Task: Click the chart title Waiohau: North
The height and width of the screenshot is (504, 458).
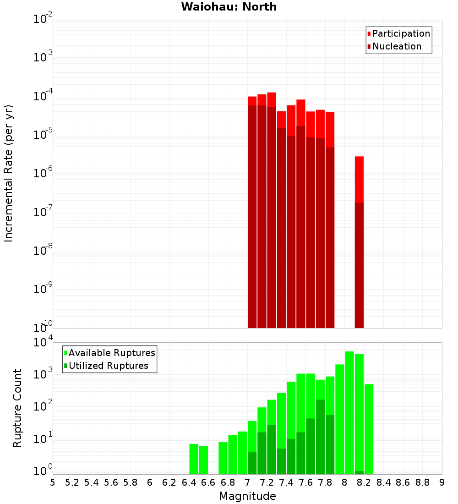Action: [229, 7]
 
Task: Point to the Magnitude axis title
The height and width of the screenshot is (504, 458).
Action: [247, 496]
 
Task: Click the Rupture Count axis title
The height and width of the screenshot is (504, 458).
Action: [17, 408]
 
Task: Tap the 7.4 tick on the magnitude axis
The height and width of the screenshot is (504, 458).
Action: [286, 482]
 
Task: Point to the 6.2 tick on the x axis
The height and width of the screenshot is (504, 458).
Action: [169, 482]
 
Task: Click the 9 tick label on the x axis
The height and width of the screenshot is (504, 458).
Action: [442, 482]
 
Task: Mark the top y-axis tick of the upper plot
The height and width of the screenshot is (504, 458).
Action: [43, 19]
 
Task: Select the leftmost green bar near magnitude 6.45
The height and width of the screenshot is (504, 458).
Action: [194, 459]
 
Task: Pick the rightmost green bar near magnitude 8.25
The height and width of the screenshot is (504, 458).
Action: [369, 429]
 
